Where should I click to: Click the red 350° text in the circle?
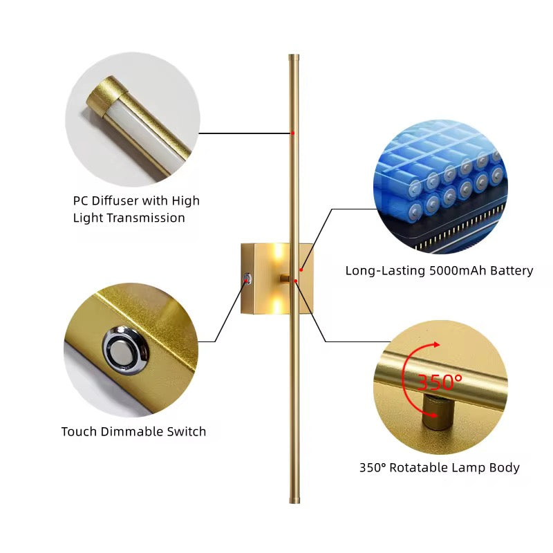pyautogui.click(x=440, y=382)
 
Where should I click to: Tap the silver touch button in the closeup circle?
pyautogui.click(x=126, y=350)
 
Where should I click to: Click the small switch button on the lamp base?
pyautogui.click(x=247, y=279)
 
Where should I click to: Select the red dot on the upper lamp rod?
pyautogui.click(x=292, y=133)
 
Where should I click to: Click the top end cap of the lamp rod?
pyautogui.click(x=294, y=57)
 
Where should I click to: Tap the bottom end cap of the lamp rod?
pyautogui.click(x=294, y=500)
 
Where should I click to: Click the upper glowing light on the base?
pyautogui.click(x=279, y=253)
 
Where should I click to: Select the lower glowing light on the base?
pyautogui.click(x=279, y=304)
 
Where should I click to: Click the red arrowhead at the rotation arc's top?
pyautogui.click(x=437, y=344)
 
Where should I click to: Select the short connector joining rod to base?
pyautogui.click(x=285, y=279)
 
